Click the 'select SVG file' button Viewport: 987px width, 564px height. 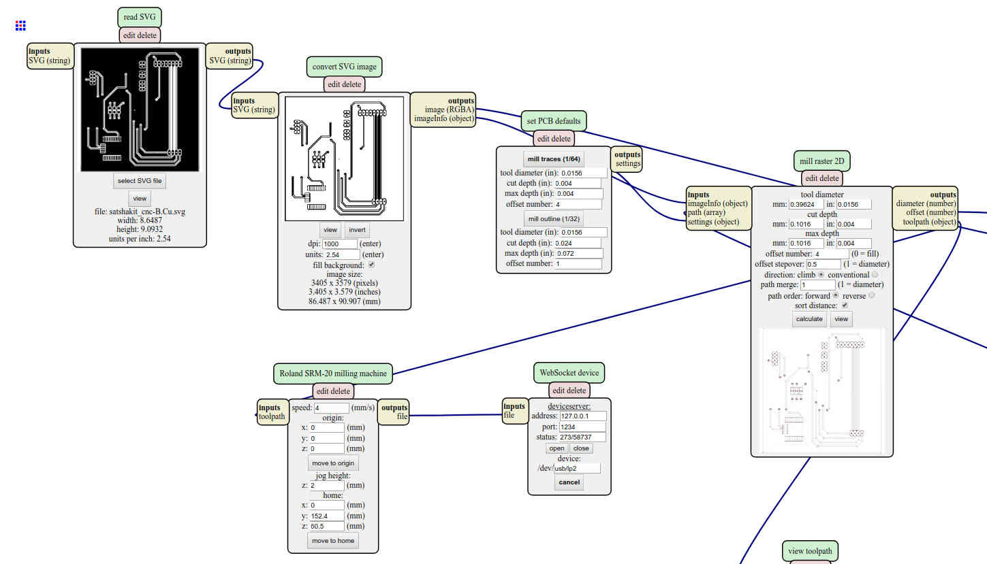click(x=139, y=181)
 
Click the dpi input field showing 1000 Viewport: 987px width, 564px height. click(x=339, y=244)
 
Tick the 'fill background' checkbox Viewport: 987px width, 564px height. click(x=371, y=265)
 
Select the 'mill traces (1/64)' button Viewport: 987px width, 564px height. click(x=554, y=159)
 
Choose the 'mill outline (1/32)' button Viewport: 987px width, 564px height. click(x=554, y=219)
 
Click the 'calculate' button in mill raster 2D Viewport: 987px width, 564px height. click(x=809, y=319)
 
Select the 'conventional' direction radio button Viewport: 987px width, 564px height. click(x=875, y=275)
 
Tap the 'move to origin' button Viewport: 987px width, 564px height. click(x=333, y=463)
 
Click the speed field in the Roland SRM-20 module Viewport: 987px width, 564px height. click(x=331, y=408)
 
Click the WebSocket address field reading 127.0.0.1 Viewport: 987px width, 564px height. click(x=583, y=416)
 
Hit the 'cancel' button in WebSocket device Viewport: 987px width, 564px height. click(x=569, y=482)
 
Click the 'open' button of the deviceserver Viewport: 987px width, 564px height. click(x=557, y=448)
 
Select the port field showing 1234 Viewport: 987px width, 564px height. click(x=582, y=427)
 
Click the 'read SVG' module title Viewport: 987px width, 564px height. click(x=140, y=17)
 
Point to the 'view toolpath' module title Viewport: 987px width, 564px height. click(x=810, y=551)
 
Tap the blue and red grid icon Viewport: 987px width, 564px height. click(x=20, y=26)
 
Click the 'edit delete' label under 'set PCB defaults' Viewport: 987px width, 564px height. click(x=554, y=139)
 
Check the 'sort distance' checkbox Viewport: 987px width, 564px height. click(x=845, y=305)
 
